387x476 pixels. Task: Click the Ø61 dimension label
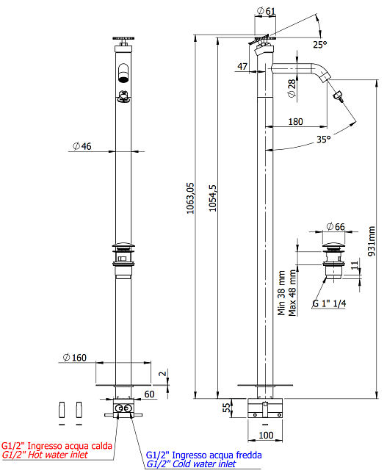pyautogui.click(x=266, y=11)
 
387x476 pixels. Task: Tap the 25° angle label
pyautogui.click(x=320, y=45)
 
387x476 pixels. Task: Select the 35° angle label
pyautogui.click(x=323, y=140)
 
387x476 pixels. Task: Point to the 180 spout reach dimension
pyautogui.click(x=295, y=122)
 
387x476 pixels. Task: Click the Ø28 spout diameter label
pyautogui.click(x=292, y=88)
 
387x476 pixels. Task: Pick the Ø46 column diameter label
pyautogui.click(x=82, y=146)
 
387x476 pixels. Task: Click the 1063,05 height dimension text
pyautogui.click(x=190, y=198)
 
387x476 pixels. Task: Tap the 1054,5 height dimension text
pyautogui.click(x=212, y=198)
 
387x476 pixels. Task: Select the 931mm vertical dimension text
pyautogui.click(x=372, y=241)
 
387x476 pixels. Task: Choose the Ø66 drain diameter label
pyautogui.click(x=336, y=226)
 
